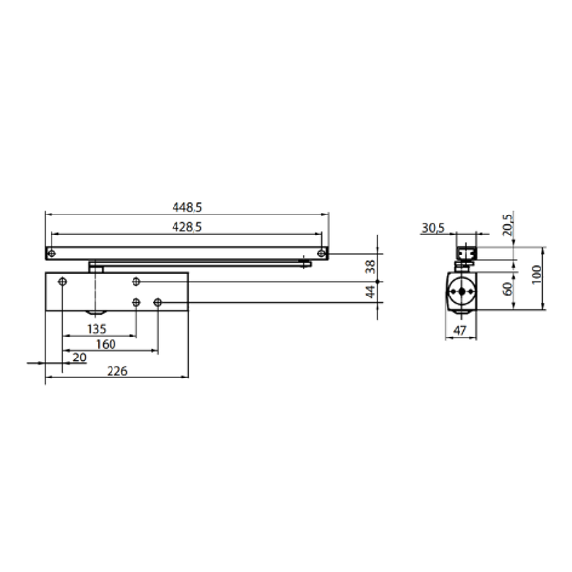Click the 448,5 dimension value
coord(187,207)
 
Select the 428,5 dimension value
coord(187,227)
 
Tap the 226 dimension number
coord(117,371)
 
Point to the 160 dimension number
coord(106,344)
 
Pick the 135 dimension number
coord(96,329)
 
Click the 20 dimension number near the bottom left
coord(79,357)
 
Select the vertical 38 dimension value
coord(370,266)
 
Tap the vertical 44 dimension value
coord(370,292)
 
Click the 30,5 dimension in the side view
coord(434,228)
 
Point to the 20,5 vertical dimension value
coord(508,225)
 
